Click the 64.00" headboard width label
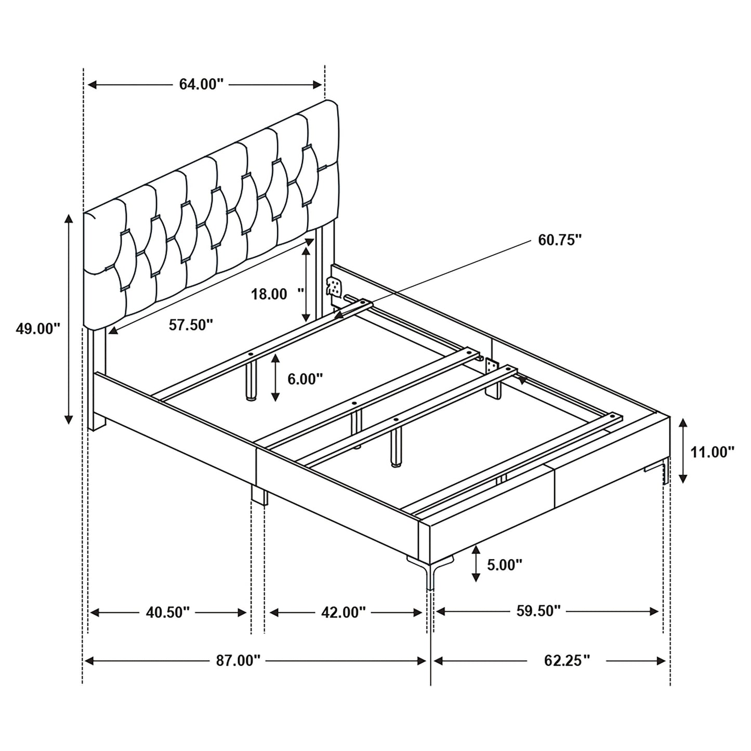coord(201,84)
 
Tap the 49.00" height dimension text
coord(38,328)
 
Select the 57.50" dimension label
coord(191,324)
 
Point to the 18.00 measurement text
coord(269,294)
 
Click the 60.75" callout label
coord(560,240)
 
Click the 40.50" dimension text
coord(168,613)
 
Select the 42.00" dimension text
coord(344,613)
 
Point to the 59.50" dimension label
coord(538,611)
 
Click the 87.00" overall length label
coord(238,661)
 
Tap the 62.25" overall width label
coord(567,661)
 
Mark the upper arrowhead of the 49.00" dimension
coord(69,219)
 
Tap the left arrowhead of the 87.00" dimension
coord(89,661)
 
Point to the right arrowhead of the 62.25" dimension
coord(661,661)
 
